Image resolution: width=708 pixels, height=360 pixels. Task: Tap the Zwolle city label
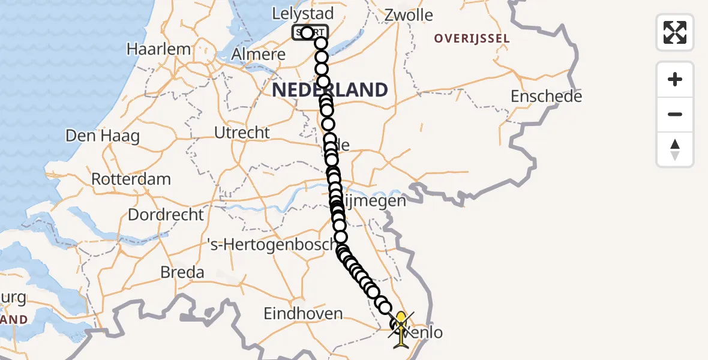point(408,15)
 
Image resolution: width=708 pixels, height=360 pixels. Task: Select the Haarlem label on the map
point(158,49)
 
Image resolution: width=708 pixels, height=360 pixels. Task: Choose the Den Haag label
point(102,136)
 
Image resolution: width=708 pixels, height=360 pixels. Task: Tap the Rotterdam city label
point(131,179)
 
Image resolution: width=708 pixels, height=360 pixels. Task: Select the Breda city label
point(182,272)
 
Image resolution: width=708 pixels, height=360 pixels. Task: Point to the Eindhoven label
point(303,313)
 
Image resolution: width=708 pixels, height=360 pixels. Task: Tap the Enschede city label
point(546,96)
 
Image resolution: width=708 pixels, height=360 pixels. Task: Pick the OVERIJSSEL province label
point(472,39)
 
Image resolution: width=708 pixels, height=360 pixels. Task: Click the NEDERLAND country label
point(330,90)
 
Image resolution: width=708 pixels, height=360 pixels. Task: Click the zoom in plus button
point(675,79)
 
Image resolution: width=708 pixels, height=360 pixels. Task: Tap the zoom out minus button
point(675,114)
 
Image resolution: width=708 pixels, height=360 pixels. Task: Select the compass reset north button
point(675,149)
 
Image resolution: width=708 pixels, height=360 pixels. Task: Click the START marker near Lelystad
point(310,32)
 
